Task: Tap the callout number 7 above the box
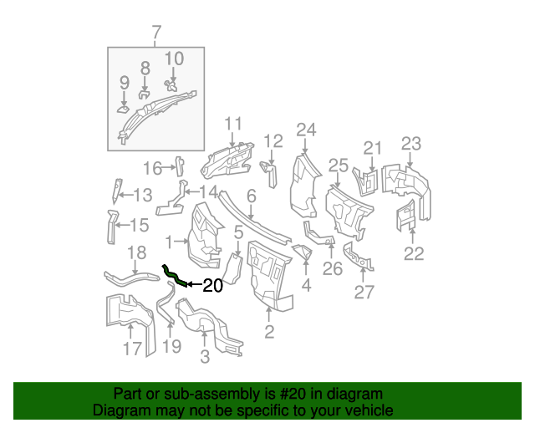click(x=155, y=33)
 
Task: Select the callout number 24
click(x=307, y=130)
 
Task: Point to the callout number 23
click(x=410, y=143)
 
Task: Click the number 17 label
click(x=132, y=349)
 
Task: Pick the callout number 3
click(x=205, y=359)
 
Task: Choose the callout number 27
click(x=364, y=292)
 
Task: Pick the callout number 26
click(x=333, y=268)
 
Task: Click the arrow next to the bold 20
click(x=191, y=285)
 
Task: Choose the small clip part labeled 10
click(x=172, y=84)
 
